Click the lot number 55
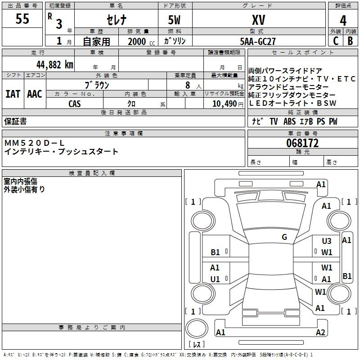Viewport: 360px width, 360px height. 22,19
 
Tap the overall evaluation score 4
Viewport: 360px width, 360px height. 343,21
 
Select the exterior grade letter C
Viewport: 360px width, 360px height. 335,41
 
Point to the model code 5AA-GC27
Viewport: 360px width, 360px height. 258,41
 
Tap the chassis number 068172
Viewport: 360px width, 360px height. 302,143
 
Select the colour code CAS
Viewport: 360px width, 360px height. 75,103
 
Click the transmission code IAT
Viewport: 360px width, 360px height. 13,94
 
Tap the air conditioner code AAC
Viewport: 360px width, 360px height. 34,94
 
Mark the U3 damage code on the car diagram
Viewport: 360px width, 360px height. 327,241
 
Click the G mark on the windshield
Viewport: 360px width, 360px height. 284,237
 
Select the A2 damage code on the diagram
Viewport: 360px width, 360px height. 320,333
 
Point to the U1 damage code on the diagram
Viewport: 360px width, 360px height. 215,279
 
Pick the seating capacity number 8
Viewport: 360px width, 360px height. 186,85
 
